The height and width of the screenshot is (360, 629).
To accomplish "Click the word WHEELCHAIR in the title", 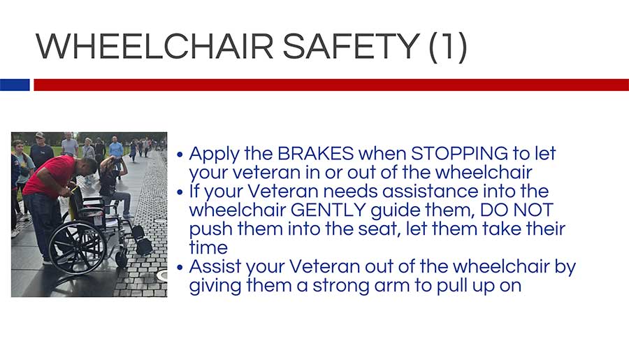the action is point(154,46).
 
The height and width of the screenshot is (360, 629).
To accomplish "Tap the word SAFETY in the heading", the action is point(352,46).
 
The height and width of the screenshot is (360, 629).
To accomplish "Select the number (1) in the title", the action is point(448,47).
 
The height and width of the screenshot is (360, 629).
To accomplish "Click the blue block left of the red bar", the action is point(15,85).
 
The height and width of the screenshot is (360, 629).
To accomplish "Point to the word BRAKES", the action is point(316,153).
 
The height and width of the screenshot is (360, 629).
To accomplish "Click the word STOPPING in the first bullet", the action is point(460,153).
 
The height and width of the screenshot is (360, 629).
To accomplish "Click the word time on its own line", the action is point(208,247).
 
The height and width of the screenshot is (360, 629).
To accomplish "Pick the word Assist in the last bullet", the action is point(215,266).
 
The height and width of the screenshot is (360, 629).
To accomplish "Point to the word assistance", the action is point(430,191).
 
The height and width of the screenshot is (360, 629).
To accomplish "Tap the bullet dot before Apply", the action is point(180,154).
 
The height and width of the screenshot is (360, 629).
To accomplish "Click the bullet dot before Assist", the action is point(180,267).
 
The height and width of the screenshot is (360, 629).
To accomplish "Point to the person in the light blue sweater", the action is point(116,150).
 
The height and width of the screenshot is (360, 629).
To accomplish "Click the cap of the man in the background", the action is point(39,135).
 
